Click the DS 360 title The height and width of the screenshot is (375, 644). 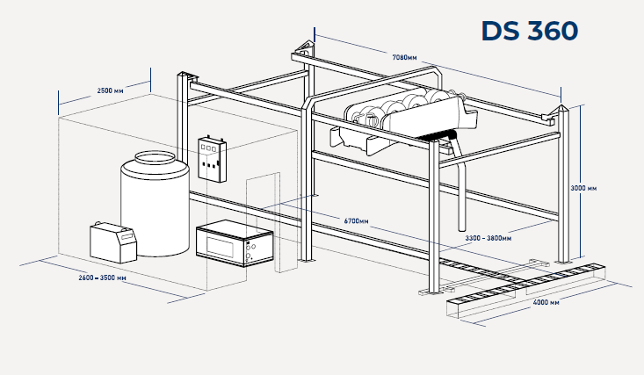(x=529, y=31)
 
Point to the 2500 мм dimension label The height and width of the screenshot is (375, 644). (x=110, y=90)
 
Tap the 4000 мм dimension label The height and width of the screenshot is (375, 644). (x=546, y=304)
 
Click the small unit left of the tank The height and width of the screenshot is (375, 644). (x=113, y=241)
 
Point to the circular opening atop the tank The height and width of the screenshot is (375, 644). (x=155, y=158)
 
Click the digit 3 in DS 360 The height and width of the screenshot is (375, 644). (x=517, y=31)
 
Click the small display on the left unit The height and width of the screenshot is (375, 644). (x=127, y=237)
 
